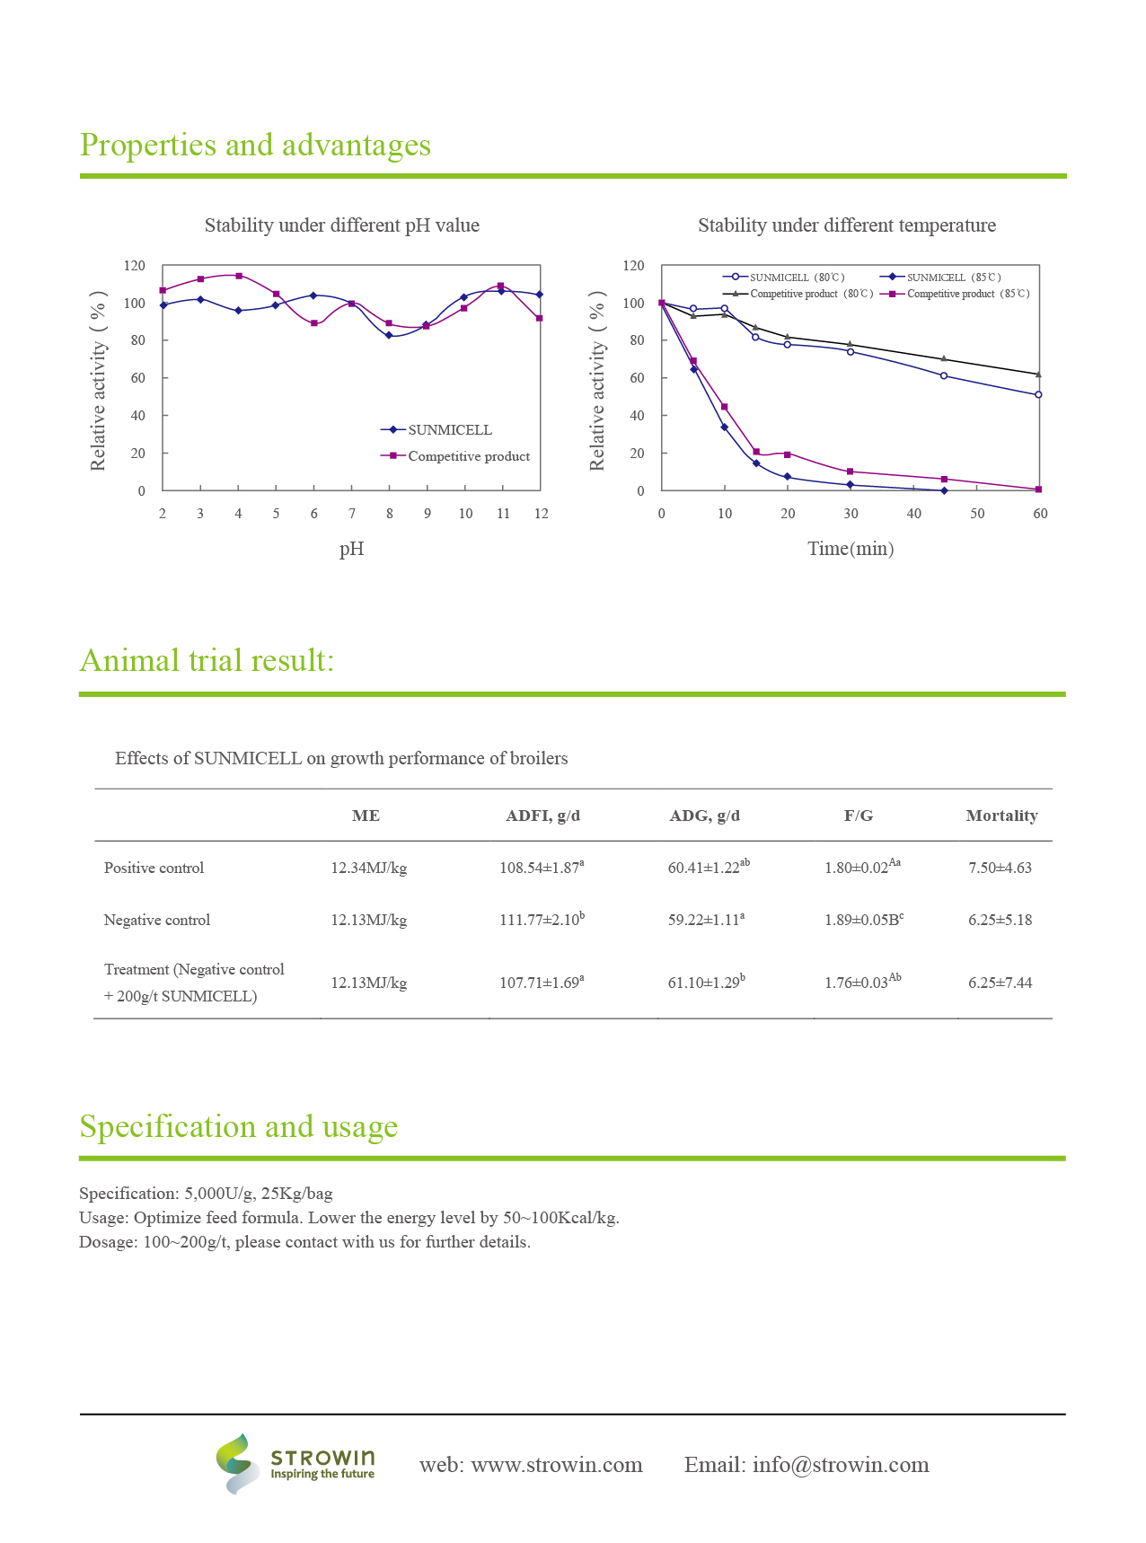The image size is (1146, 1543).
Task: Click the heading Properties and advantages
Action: pyautogui.click(x=255, y=145)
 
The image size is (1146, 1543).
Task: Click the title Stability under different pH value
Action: pyautogui.click(x=341, y=225)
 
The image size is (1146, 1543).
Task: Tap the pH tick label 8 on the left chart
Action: pyautogui.click(x=390, y=514)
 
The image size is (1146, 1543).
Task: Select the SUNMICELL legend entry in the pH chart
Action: pyautogui.click(x=449, y=430)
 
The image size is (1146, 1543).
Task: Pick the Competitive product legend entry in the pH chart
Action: pyautogui.click(x=468, y=456)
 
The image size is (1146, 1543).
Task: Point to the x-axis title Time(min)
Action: pyautogui.click(x=851, y=549)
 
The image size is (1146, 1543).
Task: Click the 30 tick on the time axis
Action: pyautogui.click(x=851, y=514)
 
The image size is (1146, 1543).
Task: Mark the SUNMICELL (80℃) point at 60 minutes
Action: pyautogui.click(x=1038, y=394)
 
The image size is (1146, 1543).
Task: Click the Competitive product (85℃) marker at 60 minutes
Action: pyautogui.click(x=1038, y=489)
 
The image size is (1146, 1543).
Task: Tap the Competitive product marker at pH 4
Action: pyautogui.click(x=239, y=276)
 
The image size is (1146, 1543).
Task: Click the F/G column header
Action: pyautogui.click(x=859, y=816)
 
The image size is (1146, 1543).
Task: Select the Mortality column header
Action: pyautogui.click(x=1001, y=816)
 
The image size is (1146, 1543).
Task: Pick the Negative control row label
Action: pyautogui.click(x=157, y=920)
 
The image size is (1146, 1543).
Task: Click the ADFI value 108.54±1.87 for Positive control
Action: pyautogui.click(x=540, y=868)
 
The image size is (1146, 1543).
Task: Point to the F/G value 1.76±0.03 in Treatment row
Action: pyautogui.click(x=858, y=983)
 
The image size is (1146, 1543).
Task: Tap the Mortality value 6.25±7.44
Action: pyautogui.click(x=1000, y=983)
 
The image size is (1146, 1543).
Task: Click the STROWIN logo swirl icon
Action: pyautogui.click(x=236, y=1464)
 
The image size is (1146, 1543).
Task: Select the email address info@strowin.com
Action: pyautogui.click(x=840, y=1465)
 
